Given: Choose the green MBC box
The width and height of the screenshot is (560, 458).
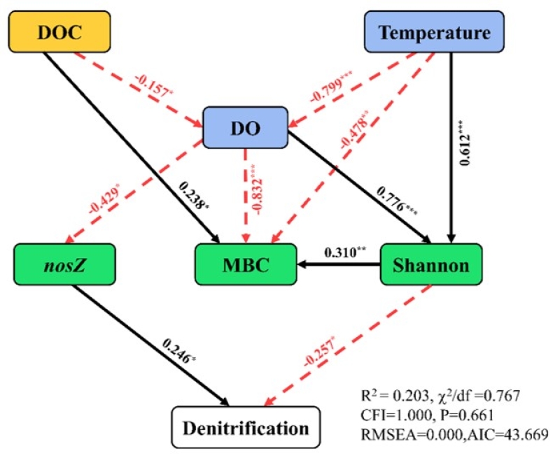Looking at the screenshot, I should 245,265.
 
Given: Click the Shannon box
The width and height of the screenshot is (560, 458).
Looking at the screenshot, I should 430,265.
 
